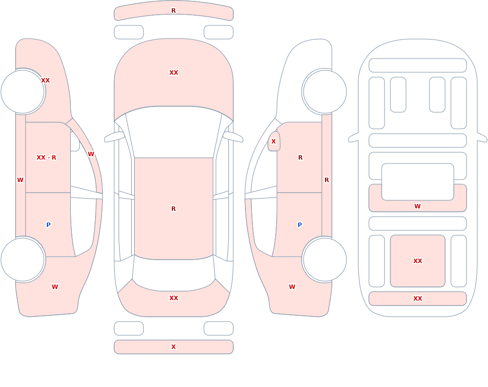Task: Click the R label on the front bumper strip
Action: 173,11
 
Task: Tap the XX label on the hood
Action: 174,73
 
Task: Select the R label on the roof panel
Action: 173,208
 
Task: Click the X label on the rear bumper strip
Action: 173,347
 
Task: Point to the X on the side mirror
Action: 274,142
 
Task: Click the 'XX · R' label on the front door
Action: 46,158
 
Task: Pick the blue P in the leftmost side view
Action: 48,225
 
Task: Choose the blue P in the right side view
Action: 300,225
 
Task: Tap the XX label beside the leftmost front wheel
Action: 45,81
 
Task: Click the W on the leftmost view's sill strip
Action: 20,180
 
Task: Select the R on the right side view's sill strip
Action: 327,180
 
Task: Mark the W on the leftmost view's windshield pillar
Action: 91,154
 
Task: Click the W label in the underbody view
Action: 418,206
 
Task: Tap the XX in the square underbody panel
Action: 418,261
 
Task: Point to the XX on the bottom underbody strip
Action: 418,299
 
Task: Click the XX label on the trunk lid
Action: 174,298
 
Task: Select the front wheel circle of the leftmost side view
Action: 23,92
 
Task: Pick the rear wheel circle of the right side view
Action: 325,259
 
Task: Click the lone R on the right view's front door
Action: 300,158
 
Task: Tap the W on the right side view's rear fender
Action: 292,287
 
